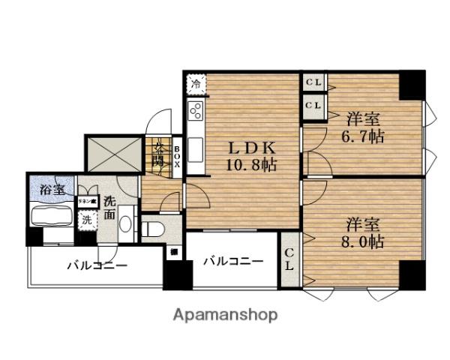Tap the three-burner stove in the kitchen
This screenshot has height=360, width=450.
(196, 112)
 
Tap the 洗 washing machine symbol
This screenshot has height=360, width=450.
(88, 221)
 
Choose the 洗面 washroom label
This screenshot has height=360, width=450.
(110, 207)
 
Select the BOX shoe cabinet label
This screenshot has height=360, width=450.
(178, 155)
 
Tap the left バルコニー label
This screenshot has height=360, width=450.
(97, 265)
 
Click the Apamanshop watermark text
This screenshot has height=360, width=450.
(226, 314)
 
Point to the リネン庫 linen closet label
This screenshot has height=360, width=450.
(87, 202)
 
